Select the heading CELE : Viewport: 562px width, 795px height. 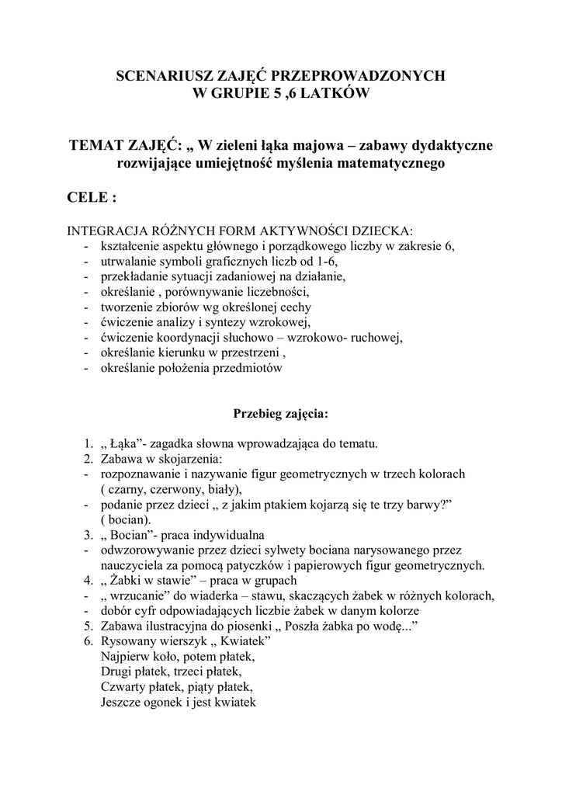[93, 198]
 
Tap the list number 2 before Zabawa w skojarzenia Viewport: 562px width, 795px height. [88, 459]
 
